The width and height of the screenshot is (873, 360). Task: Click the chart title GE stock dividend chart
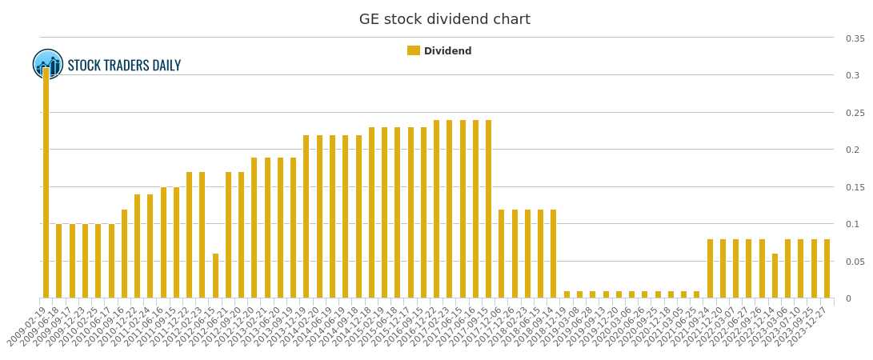coord(444,20)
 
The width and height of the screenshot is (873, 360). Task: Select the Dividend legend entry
coord(439,51)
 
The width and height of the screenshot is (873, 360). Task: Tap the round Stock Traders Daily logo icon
coord(48,64)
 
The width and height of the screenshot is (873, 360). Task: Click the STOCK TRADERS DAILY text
coord(124,66)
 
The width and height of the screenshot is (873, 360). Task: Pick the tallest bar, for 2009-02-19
coord(46,183)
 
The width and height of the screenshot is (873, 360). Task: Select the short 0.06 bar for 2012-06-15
coord(215,276)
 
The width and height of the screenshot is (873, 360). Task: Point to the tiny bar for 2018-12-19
coord(567,294)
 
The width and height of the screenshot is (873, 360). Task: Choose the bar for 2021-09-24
coord(710,269)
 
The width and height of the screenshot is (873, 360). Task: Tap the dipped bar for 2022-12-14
coord(775,276)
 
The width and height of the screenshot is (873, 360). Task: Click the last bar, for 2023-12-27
coord(827,269)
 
